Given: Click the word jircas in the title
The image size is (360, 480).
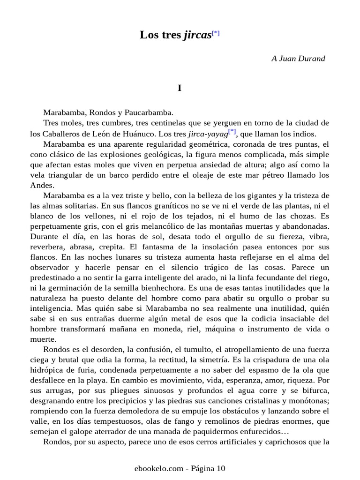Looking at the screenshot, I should tap(197, 36).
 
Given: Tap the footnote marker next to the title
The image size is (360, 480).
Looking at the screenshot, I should tap(216, 33).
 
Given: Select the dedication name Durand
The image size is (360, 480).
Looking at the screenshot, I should tap(313, 59).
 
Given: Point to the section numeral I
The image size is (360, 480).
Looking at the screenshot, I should tap(180, 88).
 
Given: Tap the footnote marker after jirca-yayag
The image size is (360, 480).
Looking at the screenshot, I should tap(232, 131).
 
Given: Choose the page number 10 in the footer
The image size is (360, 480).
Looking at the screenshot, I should tap(221, 468).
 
